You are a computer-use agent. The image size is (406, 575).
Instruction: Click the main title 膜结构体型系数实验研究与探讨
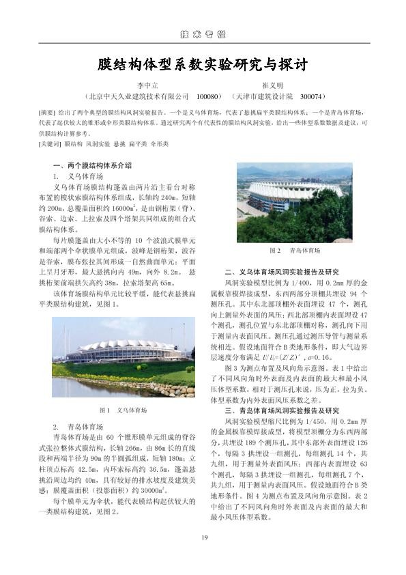[203, 66]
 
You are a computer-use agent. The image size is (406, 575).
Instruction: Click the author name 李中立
[148, 86]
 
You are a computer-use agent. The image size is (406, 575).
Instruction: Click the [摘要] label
[47, 111]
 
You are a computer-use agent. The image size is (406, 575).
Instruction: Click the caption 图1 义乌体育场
[123, 410]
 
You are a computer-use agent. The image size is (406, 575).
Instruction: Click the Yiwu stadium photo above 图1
[123, 369]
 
